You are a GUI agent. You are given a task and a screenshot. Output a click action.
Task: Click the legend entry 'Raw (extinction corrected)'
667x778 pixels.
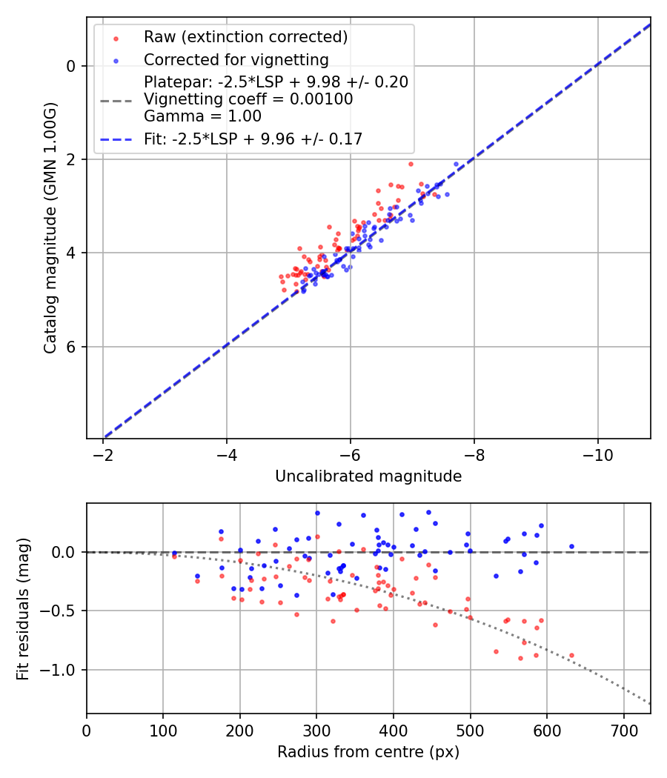245,37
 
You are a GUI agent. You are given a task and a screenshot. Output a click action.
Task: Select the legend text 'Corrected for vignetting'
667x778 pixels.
236,60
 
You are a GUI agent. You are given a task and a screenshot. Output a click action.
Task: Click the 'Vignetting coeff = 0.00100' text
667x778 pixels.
248,99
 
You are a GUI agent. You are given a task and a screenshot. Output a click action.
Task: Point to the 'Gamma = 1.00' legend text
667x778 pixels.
202,116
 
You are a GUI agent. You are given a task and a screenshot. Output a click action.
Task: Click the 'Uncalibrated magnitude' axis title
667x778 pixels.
368,476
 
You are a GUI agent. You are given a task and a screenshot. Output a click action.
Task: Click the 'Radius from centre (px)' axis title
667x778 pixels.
368,752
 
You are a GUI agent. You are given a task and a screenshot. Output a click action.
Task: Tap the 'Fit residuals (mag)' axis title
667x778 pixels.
23,608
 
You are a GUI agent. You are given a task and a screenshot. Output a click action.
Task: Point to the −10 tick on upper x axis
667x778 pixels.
598,454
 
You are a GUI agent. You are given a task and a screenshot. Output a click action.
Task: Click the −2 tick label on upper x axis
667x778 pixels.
103,454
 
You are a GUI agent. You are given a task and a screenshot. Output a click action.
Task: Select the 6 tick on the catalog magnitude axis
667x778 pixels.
72,347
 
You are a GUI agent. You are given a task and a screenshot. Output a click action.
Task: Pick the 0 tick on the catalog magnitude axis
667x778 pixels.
72,66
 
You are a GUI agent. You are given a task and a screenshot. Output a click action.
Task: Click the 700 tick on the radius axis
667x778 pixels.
623,730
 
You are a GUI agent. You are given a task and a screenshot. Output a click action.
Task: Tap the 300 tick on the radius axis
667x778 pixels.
316,730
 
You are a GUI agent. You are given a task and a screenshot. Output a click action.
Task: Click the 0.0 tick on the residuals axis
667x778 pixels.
67,552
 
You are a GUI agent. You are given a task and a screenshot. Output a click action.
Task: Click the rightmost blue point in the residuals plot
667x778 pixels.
571,546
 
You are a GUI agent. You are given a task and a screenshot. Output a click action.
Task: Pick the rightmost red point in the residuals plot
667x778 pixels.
571,655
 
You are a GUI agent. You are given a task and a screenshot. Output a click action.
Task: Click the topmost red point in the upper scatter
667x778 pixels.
411,164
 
